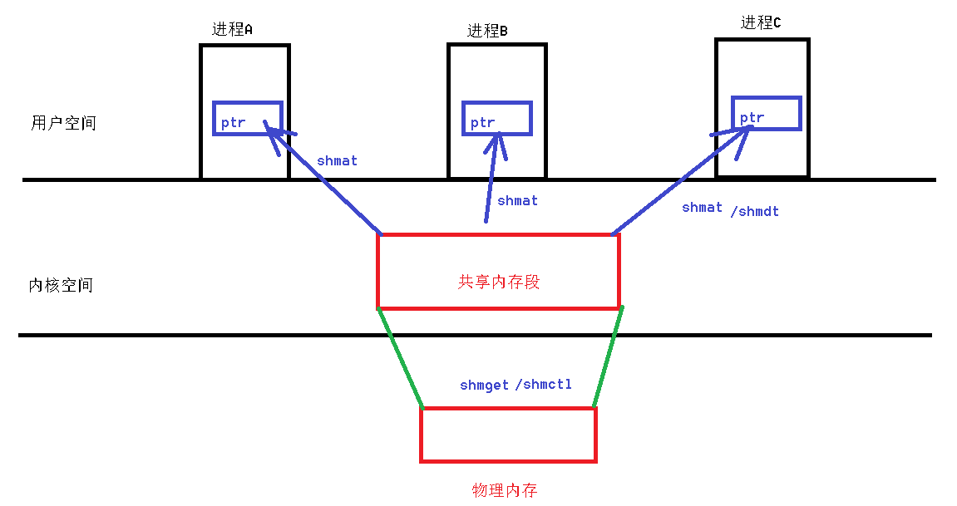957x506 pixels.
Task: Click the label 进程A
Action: click(232, 29)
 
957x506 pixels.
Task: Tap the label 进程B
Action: click(487, 31)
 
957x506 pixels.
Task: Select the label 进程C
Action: click(761, 23)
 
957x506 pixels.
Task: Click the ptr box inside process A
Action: click(248, 118)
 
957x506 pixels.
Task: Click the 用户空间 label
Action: click(63, 123)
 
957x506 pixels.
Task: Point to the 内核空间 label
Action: click(61, 285)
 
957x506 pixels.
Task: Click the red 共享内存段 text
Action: click(499, 282)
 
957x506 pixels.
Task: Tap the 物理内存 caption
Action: click(505, 490)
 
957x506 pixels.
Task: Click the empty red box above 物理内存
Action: click(508, 435)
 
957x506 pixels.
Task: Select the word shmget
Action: click(484, 386)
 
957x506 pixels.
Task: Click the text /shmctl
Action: click(544, 386)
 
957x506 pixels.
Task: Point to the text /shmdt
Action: click(755, 212)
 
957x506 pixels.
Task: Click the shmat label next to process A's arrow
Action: click(337, 161)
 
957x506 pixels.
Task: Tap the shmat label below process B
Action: click(517, 201)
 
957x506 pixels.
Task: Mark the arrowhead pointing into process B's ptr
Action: click(498, 143)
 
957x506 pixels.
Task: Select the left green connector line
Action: click(401, 358)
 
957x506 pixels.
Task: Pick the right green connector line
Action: click(608, 358)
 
